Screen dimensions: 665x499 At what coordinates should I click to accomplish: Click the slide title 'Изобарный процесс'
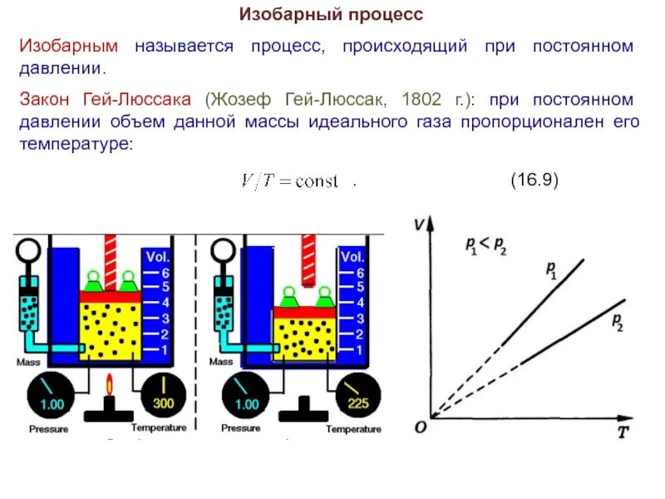332,15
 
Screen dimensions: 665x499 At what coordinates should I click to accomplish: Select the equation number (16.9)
534,180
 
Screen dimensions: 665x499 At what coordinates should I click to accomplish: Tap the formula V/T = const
288,181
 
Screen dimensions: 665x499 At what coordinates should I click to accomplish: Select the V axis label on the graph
418,223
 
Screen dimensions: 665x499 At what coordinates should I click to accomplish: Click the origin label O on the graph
421,426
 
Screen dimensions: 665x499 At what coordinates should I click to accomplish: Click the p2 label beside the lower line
617,322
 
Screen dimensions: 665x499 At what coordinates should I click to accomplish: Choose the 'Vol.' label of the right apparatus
352,257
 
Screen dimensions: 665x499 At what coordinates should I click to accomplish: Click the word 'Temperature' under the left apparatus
158,427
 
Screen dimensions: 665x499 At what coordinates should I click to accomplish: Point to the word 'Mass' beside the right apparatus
221,362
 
